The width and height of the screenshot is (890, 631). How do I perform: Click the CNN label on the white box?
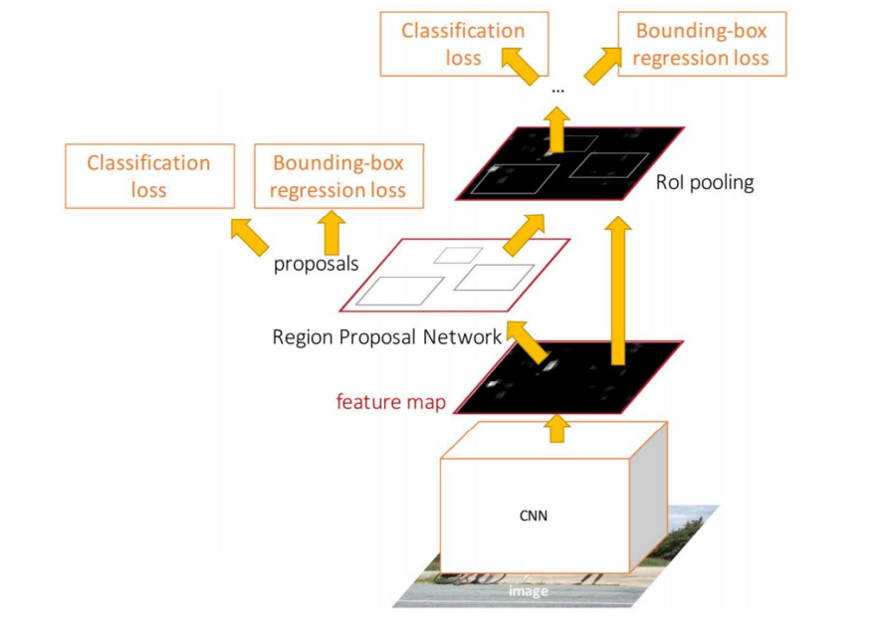pyautogui.click(x=534, y=516)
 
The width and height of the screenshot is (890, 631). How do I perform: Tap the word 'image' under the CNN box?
pyautogui.click(x=529, y=591)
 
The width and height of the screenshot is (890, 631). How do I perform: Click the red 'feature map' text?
pyautogui.click(x=391, y=402)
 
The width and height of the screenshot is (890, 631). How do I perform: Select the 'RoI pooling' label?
pyautogui.click(x=705, y=182)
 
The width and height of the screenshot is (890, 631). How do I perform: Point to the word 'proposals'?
pyautogui.click(x=317, y=264)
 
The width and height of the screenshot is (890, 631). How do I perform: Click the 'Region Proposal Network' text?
pyautogui.click(x=387, y=337)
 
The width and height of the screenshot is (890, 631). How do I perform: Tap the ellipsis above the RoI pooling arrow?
pyautogui.click(x=557, y=90)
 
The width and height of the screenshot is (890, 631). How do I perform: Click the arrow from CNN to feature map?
pyautogui.click(x=557, y=428)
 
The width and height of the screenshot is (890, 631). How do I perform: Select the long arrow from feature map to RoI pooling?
pyautogui.click(x=618, y=291)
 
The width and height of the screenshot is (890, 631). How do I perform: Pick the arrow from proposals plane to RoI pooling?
pyautogui.click(x=524, y=235)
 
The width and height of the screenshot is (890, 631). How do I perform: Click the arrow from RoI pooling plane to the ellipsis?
pyautogui.click(x=557, y=130)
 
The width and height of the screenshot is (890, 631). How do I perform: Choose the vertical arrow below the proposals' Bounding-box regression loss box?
pyautogui.click(x=333, y=233)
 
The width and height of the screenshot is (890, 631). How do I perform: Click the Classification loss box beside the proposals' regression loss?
pyautogui.click(x=150, y=176)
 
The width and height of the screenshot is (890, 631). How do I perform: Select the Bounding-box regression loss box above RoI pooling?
pyautogui.click(x=702, y=44)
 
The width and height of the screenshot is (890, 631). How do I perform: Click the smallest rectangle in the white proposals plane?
pyautogui.click(x=458, y=256)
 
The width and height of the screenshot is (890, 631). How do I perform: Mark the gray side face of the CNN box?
pyautogui.click(x=649, y=497)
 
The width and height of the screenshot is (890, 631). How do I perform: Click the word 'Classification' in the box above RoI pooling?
pyautogui.click(x=463, y=31)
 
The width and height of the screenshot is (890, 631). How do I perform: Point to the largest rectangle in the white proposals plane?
pyautogui.click(x=400, y=291)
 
